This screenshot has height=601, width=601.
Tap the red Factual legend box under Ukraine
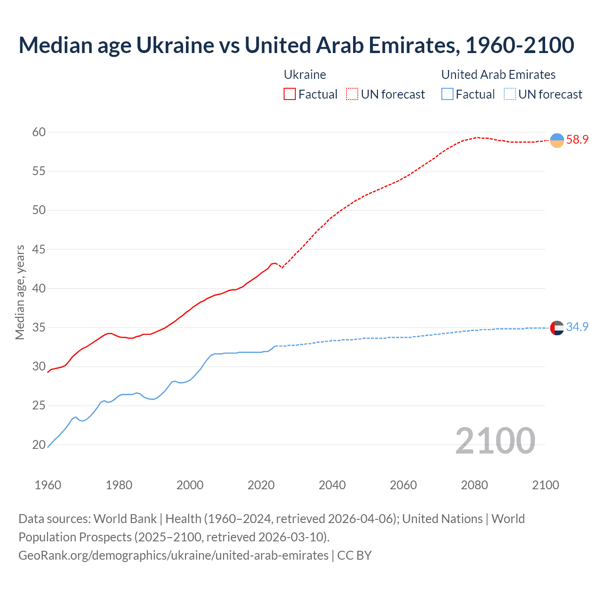point(290,94)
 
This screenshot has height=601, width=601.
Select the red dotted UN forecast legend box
point(352,94)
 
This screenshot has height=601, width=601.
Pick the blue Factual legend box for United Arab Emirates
point(447,94)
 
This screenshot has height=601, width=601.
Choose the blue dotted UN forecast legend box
point(510,94)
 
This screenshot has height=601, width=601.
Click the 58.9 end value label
point(577,139)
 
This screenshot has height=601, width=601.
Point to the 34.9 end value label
point(577,327)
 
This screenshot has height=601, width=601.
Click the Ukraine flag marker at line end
point(557,140)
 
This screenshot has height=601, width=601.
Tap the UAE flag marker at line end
point(557,328)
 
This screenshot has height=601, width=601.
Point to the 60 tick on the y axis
point(39,132)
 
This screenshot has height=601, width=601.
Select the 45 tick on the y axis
point(39,249)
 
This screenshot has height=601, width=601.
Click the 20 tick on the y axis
point(39,445)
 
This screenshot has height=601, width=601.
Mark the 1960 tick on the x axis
point(48,485)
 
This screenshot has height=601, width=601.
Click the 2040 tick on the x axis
point(332,485)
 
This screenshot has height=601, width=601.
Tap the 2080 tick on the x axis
point(474,485)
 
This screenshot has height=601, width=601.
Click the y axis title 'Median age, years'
point(20,292)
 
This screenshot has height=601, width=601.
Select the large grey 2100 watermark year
point(495,440)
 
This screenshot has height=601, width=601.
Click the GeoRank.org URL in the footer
point(173,555)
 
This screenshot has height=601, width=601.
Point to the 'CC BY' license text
point(354,555)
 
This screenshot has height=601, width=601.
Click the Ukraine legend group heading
point(305,75)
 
